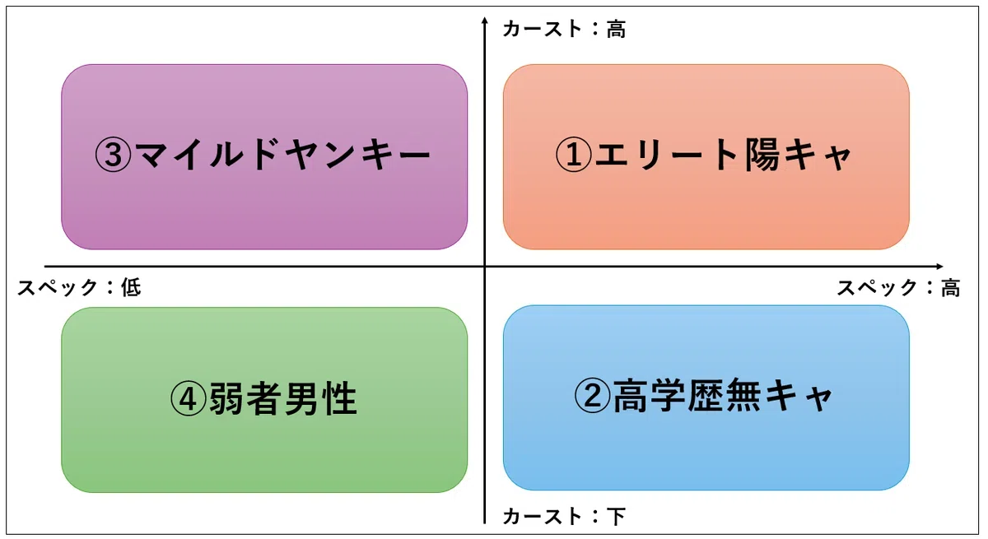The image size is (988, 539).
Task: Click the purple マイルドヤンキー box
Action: point(264,157)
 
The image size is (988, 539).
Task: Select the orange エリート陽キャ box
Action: point(706,157)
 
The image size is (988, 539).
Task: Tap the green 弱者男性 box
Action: point(264,400)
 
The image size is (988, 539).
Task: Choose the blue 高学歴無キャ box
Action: point(706,397)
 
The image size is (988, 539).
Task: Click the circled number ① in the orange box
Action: point(573,154)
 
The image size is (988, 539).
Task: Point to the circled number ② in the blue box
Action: point(592,395)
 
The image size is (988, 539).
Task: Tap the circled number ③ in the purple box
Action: point(113,154)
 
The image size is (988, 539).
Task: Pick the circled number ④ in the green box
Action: point(189,399)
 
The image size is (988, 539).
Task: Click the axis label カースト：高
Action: point(564,29)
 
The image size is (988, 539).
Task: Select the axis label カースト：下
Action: point(564,516)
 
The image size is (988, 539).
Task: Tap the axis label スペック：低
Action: point(79,287)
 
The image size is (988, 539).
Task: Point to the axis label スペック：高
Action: point(898,287)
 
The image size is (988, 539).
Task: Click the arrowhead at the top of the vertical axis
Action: point(484,20)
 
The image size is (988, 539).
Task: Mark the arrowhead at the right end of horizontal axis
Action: point(939,266)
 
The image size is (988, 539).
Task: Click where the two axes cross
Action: point(484,266)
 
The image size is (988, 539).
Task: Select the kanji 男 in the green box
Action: point(302,399)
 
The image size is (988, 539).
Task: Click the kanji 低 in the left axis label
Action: point(132,287)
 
